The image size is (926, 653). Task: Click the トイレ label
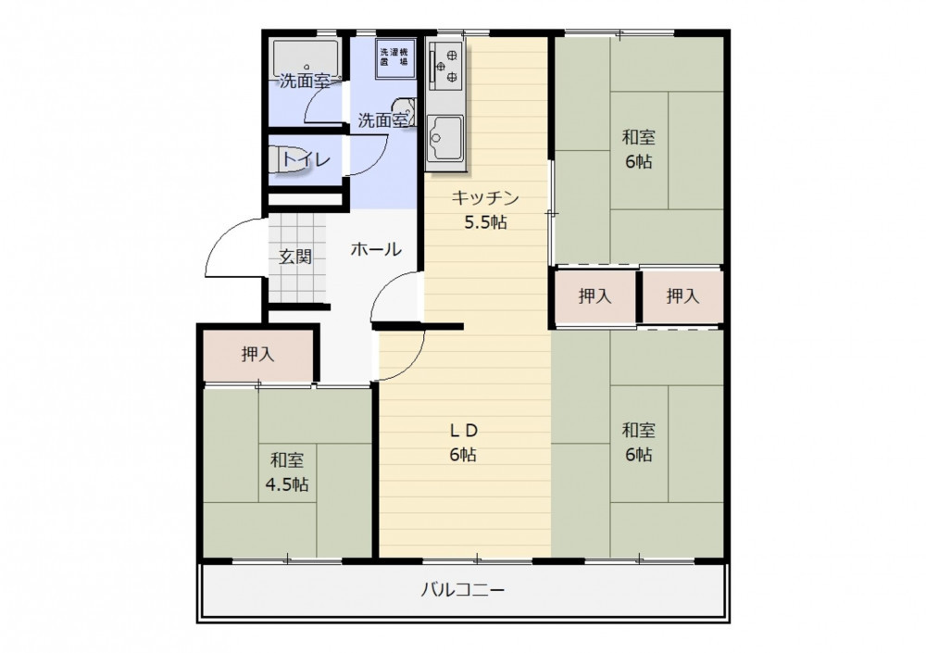pos(305,159)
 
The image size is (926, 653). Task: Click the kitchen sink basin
pos(446,138)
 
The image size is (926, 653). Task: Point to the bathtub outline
pos(306,58)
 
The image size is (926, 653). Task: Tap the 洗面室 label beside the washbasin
pos(382,120)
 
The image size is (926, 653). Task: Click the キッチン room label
pos(485,197)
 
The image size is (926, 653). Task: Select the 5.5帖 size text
pos(485,222)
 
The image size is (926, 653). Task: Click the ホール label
pos(376,249)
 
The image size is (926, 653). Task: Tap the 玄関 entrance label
pos(294,257)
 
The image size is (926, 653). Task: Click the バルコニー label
pos(462,590)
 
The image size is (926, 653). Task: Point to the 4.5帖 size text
pos(286,485)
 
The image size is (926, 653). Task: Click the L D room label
pos(464,431)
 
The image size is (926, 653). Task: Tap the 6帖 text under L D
pos(463,455)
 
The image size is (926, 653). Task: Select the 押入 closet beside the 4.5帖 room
pos(258,355)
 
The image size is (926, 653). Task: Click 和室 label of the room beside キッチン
pos(638,138)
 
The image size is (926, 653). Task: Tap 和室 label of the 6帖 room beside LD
pos(638,430)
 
